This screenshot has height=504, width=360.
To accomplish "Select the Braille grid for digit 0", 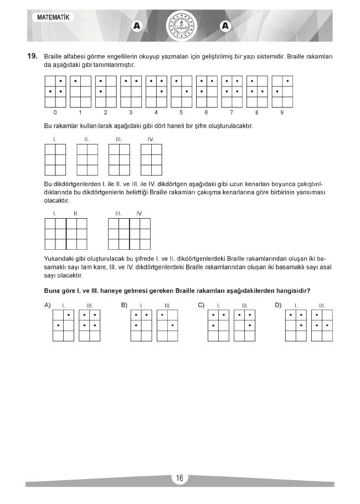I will click(x=54, y=91).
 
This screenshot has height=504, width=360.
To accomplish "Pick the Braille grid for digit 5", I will click(x=181, y=91).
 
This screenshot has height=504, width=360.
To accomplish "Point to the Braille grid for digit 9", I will click(x=282, y=91).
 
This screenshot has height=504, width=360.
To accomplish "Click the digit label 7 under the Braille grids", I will click(x=232, y=112).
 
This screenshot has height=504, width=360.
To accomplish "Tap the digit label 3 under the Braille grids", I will click(x=131, y=112).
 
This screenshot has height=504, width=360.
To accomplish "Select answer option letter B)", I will click(x=124, y=305).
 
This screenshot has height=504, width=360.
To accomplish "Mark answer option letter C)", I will click(x=201, y=305).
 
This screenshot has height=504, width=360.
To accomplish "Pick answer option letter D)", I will click(x=278, y=305).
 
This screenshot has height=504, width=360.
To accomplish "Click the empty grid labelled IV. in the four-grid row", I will click(x=151, y=161).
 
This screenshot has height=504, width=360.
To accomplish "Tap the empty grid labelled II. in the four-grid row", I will click(x=86, y=161).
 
